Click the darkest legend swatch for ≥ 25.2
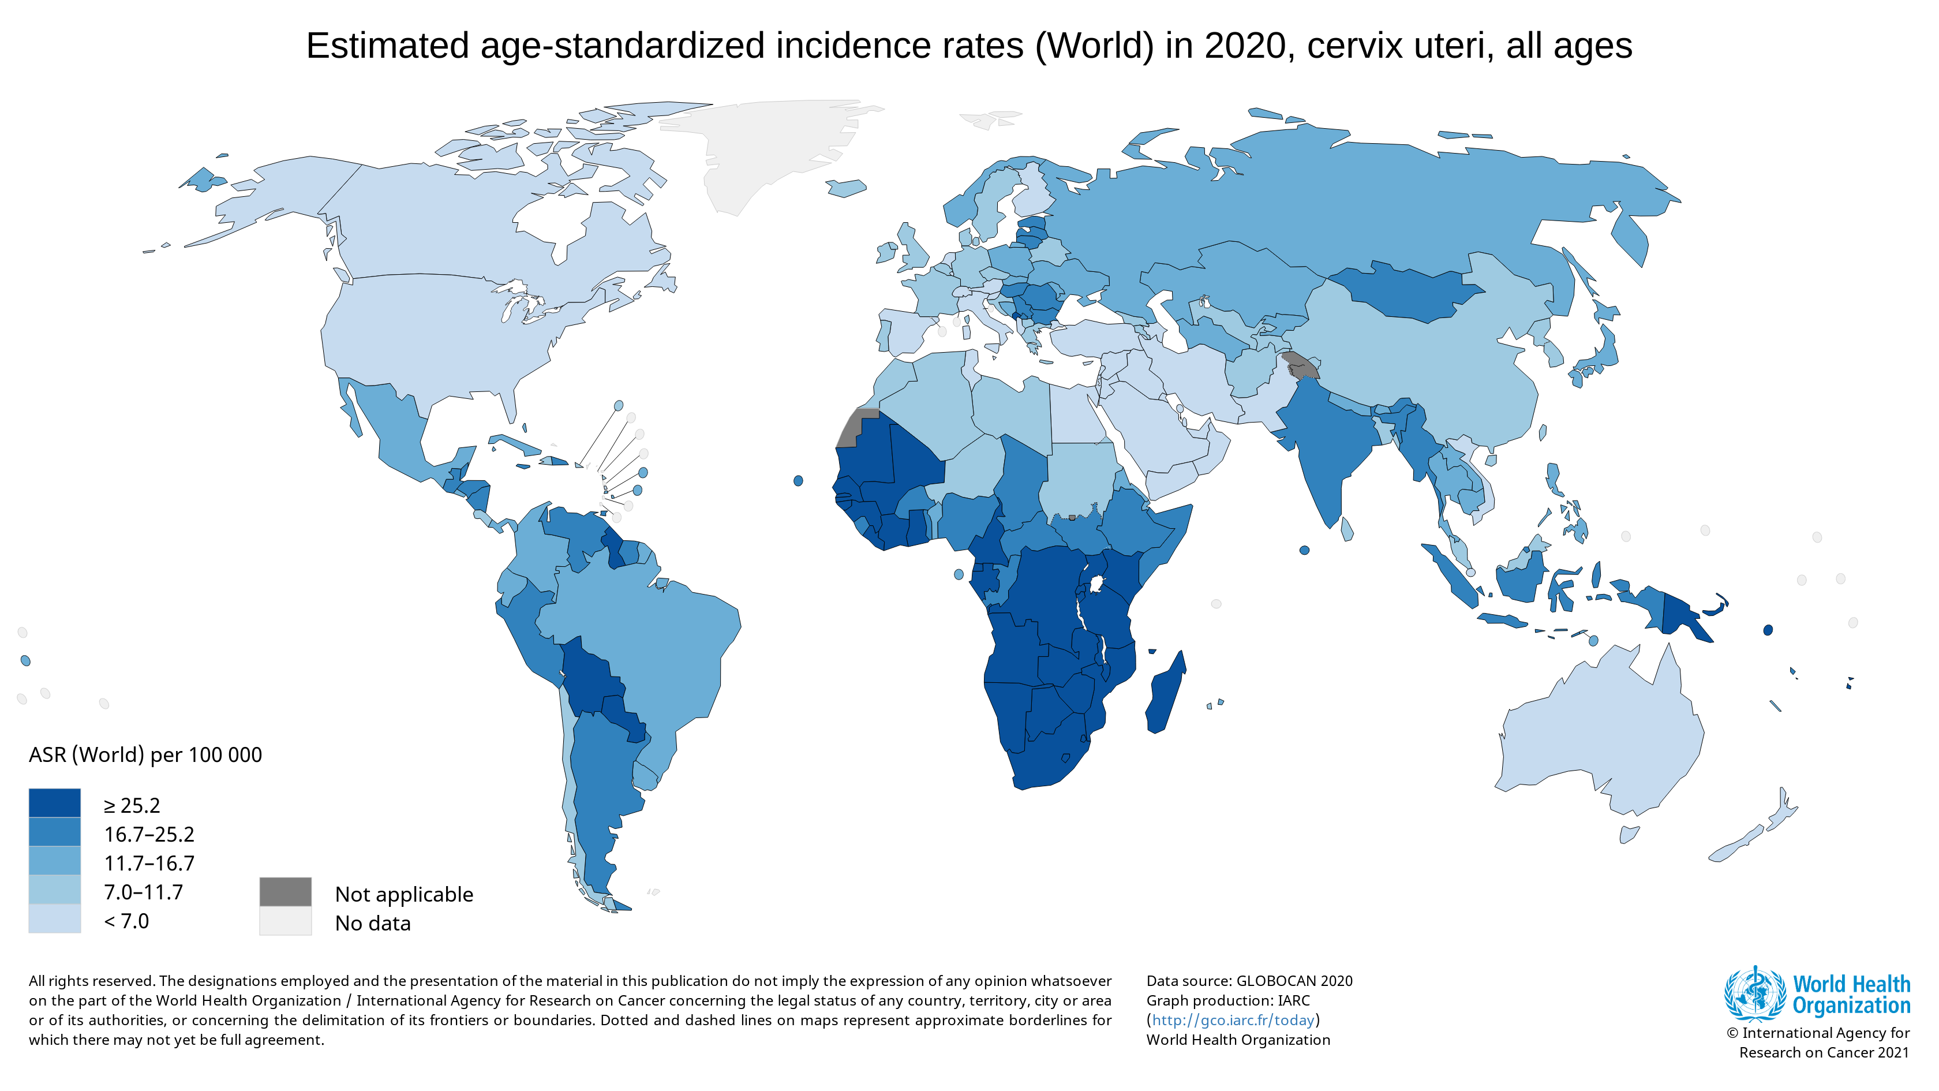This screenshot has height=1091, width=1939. click(x=54, y=802)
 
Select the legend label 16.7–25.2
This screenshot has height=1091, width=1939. click(x=149, y=834)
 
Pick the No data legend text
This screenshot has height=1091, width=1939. click(x=373, y=923)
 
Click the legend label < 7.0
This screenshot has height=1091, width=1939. click(x=126, y=921)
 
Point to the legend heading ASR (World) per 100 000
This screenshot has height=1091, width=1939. click(x=145, y=754)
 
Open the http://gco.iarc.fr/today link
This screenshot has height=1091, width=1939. click(x=1233, y=1020)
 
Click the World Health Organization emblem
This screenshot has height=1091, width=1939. click(x=1754, y=993)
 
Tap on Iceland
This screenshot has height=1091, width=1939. click(x=846, y=188)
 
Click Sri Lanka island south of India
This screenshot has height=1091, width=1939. click(x=1346, y=529)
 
